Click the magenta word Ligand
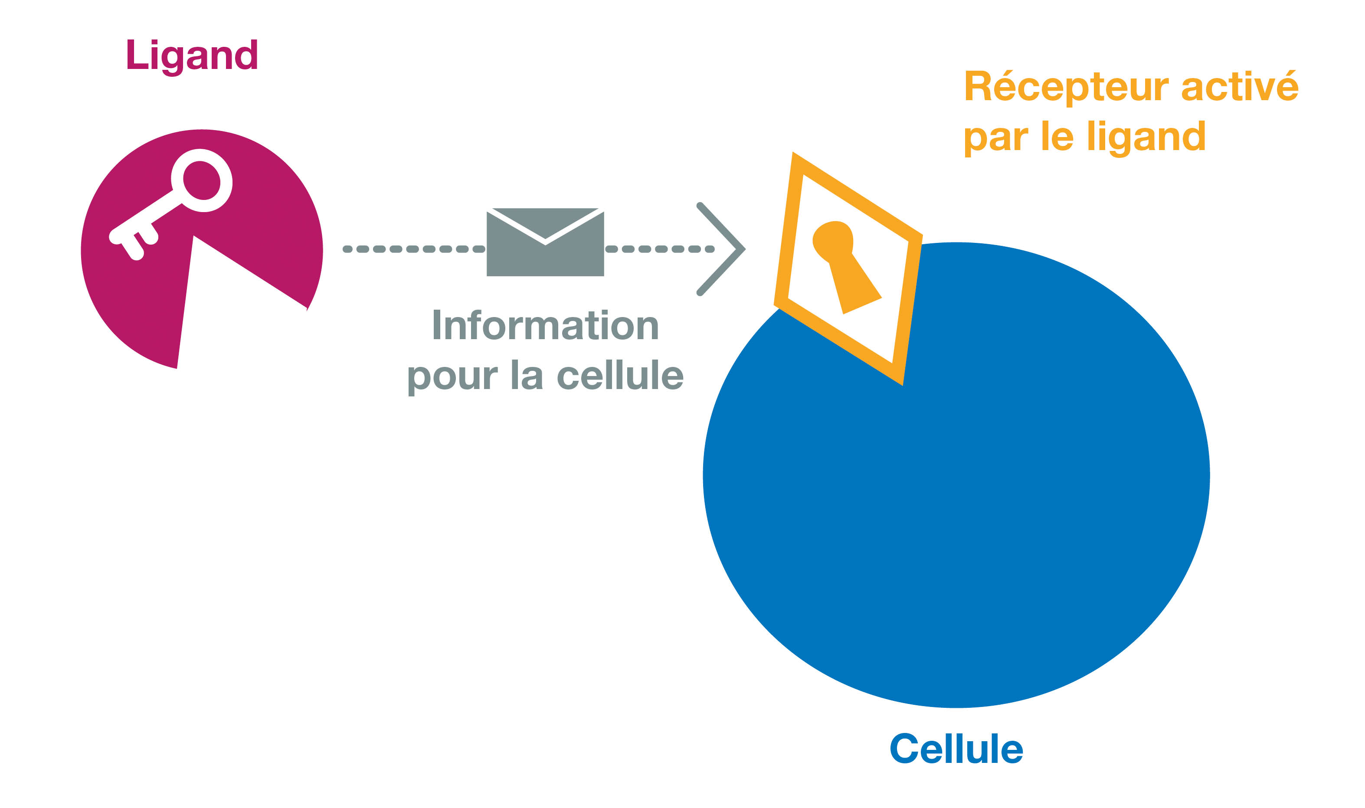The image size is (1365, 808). tap(192, 56)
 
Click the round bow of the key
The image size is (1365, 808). tap(202, 180)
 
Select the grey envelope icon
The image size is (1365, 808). tap(545, 243)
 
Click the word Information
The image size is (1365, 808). tap(545, 326)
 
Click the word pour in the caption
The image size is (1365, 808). tap(452, 377)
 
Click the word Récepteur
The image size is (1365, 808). tap(1066, 87)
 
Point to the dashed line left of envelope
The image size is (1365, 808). tap(414, 249)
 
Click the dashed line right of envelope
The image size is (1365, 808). tap(659, 249)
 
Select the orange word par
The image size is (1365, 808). tap(996, 138)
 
